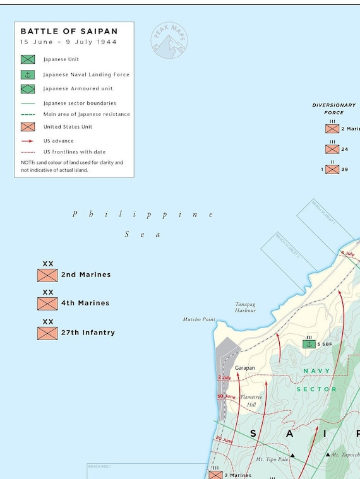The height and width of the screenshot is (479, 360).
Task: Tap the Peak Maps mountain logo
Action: tap(169, 41)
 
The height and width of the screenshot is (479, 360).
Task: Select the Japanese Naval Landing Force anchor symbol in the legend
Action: tap(27, 74)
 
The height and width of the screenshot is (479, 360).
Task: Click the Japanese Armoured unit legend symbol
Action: tap(27, 89)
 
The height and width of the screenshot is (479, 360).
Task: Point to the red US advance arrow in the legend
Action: tap(27, 141)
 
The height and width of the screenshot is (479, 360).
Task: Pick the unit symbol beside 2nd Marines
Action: tap(47, 275)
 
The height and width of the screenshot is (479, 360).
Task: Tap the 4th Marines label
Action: tap(85, 303)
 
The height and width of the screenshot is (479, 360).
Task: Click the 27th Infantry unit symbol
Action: tap(47, 333)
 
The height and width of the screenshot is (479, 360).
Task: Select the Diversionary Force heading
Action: tap(334, 109)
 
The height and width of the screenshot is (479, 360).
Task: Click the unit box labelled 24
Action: tap(332, 150)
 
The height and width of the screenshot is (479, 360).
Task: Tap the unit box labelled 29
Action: tap(332, 169)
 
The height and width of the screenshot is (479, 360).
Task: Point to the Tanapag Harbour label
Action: tap(245, 307)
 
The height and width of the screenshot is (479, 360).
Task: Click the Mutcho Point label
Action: tap(199, 320)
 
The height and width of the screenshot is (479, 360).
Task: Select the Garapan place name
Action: tap(244, 367)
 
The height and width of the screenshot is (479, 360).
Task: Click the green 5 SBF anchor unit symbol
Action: tap(309, 343)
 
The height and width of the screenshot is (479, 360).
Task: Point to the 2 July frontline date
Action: tap(224, 377)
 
